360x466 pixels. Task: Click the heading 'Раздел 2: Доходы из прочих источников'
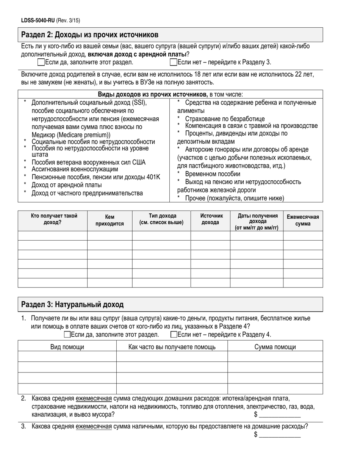(90, 35)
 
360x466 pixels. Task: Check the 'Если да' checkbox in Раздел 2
(41, 62)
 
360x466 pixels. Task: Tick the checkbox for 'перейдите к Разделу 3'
(174, 62)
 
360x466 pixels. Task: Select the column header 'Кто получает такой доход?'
(52, 219)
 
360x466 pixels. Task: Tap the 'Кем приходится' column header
(110, 220)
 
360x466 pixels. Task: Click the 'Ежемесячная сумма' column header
(303, 220)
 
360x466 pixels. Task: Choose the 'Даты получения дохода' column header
(257, 222)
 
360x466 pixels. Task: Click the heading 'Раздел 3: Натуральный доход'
(72, 304)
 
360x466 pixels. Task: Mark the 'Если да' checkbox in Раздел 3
(67, 334)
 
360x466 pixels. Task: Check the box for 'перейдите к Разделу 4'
(174, 334)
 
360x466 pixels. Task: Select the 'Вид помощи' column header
(67, 347)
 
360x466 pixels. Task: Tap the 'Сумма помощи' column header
(275, 347)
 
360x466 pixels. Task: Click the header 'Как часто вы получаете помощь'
(172, 347)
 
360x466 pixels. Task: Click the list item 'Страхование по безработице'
(225, 119)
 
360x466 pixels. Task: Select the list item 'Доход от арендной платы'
(67, 185)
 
